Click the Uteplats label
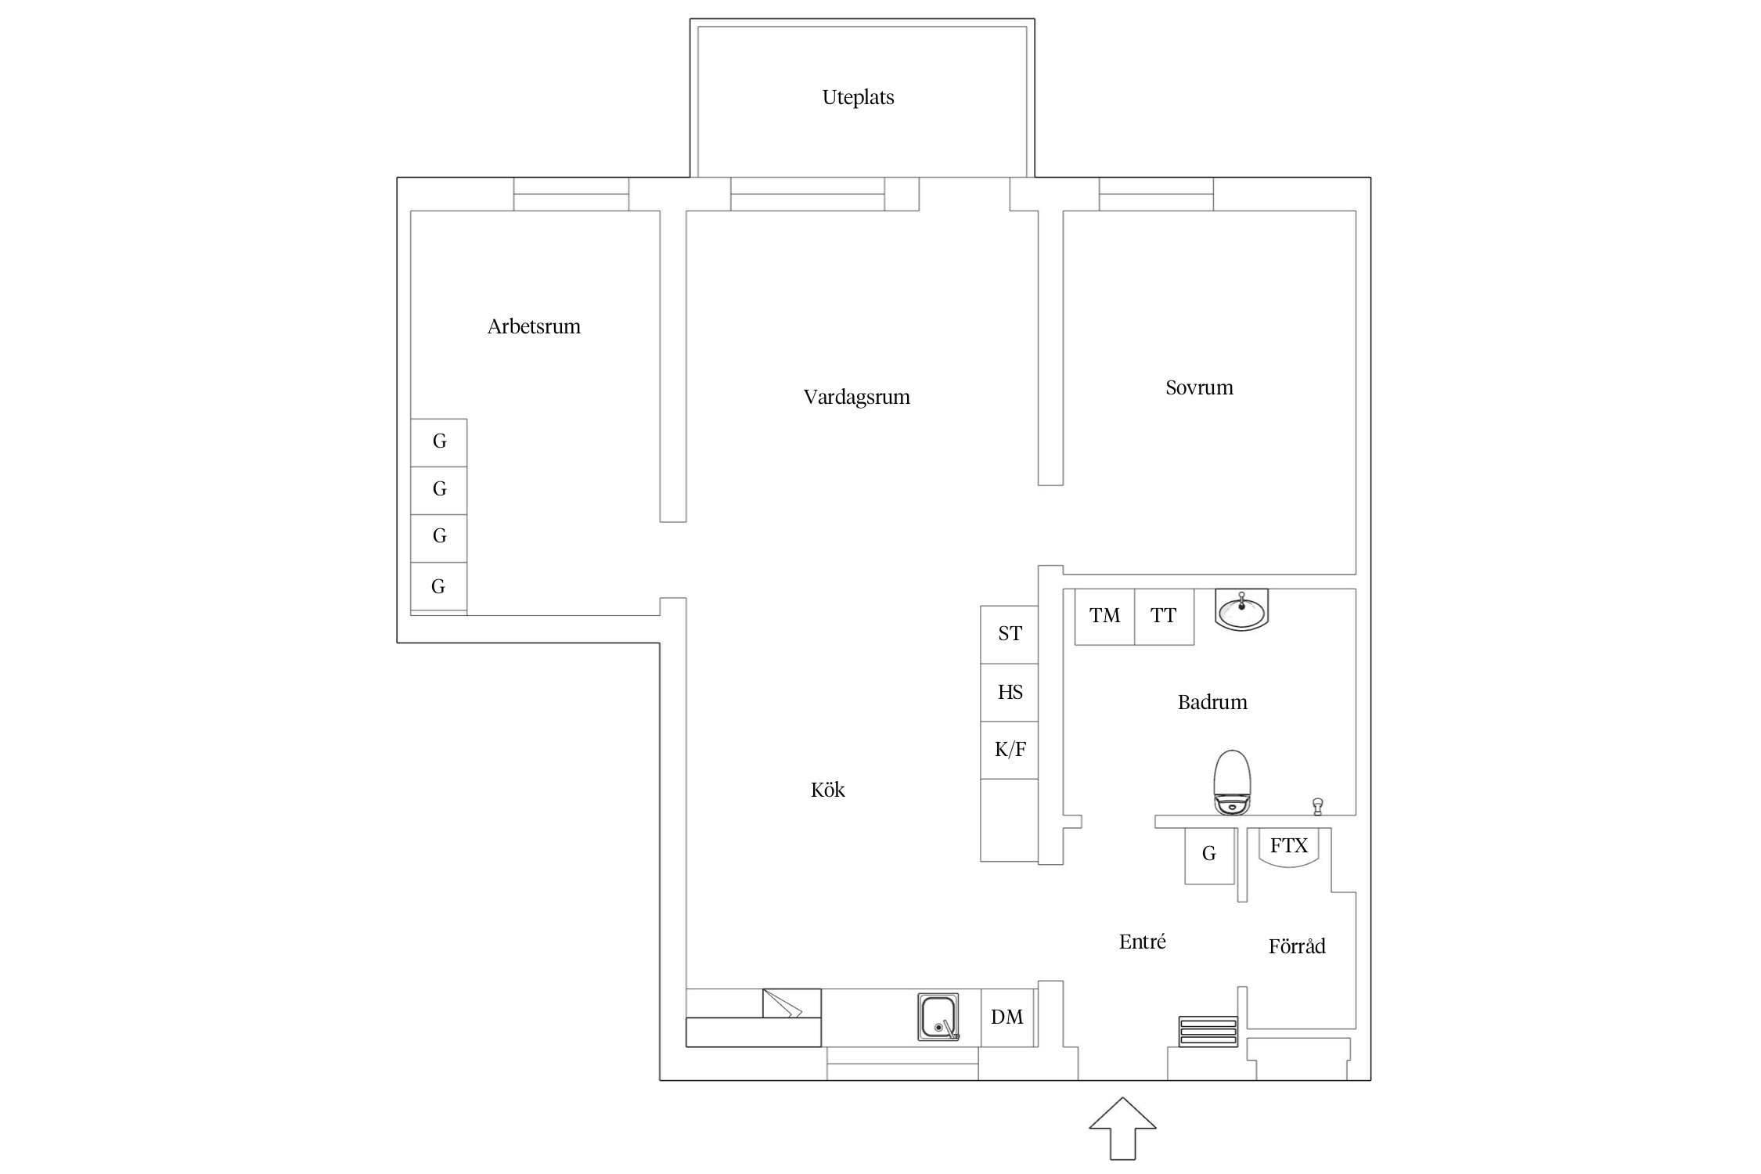(858, 97)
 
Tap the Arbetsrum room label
(534, 326)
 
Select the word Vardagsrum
(856, 397)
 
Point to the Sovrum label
(1199, 387)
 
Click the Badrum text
(1212, 702)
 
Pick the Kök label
(827, 790)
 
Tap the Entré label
(1142, 942)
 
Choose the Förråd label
(1297, 946)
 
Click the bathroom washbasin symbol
(1241, 610)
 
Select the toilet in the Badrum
(1232, 783)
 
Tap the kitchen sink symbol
(938, 1017)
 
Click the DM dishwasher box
(1007, 1017)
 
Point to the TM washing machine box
(1104, 617)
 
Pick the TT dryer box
(1164, 617)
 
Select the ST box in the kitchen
(1010, 635)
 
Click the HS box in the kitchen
(1010, 693)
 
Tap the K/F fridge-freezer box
(1010, 751)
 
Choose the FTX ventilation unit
(1288, 848)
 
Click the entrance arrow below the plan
(1122, 1128)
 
